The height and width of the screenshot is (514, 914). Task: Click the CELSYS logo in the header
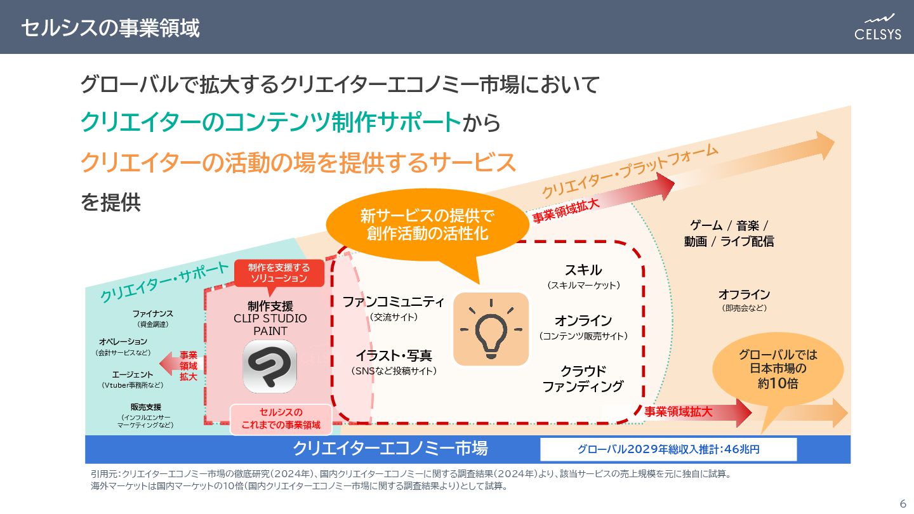click(877, 27)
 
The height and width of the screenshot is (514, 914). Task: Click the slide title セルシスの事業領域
click(110, 27)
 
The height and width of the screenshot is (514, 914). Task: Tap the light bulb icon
click(491, 329)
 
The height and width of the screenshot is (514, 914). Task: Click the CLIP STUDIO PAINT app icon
click(270, 366)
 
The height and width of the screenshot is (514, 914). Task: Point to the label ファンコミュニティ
click(394, 301)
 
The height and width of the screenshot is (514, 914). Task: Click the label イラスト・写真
click(394, 356)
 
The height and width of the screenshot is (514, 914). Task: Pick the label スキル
click(583, 270)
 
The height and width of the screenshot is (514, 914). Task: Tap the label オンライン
click(583, 320)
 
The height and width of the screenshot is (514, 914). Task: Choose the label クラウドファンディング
click(583, 378)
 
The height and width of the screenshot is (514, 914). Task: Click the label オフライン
click(744, 294)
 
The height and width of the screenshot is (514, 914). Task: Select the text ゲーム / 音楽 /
click(729, 225)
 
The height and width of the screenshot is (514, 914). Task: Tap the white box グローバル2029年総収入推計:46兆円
click(668, 449)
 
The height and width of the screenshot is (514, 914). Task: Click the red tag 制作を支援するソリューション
click(279, 273)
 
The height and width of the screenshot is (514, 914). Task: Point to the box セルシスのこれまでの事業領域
click(281, 419)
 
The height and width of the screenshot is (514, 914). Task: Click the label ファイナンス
click(152, 313)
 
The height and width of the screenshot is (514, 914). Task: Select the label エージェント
click(133, 374)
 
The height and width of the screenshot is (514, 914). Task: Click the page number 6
click(903, 504)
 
